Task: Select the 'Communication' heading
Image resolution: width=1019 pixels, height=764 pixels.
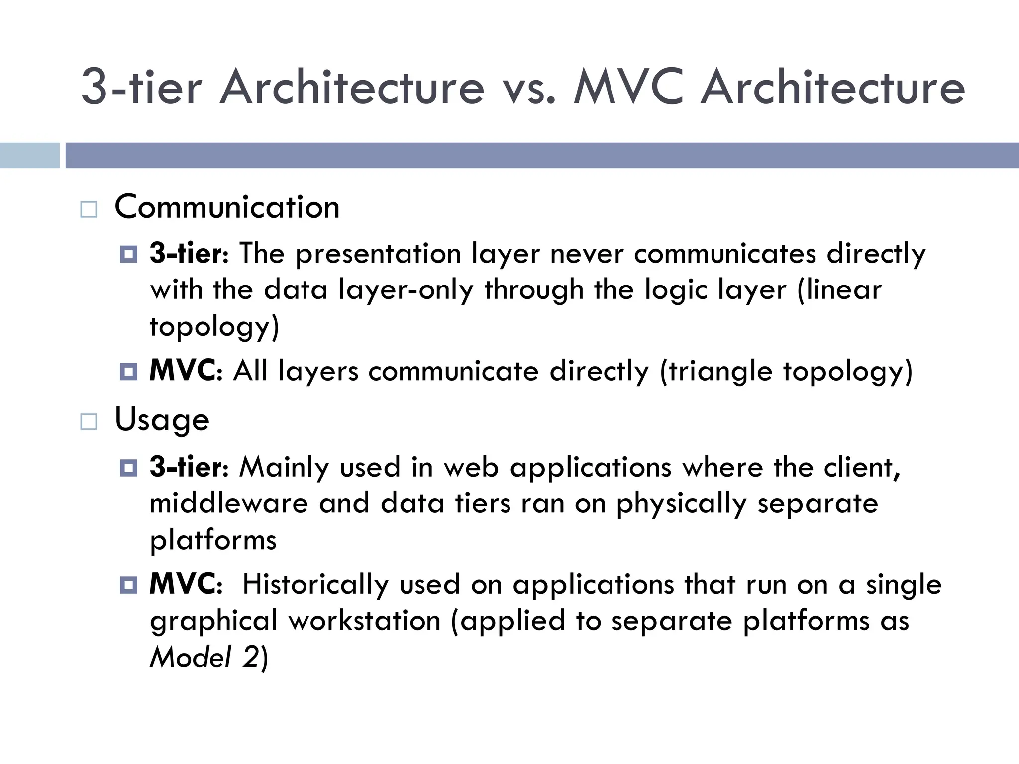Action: [x=227, y=207]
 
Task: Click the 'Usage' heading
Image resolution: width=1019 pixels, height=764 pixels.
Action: [x=162, y=420]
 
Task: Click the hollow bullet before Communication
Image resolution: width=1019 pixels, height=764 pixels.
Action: [x=89, y=209]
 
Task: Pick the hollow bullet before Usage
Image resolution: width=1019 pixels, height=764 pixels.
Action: [x=89, y=422]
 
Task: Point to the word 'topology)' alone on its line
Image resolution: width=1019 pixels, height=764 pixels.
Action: [x=214, y=327]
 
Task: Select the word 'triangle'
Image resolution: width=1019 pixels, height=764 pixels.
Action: [x=720, y=372]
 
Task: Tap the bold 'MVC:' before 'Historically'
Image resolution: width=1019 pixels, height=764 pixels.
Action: [x=186, y=584]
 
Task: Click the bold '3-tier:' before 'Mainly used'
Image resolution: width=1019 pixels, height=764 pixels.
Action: [x=189, y=467]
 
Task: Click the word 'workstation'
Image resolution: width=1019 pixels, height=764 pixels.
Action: [x=365, y=621]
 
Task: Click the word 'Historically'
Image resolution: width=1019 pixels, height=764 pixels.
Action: [x=315, y=584]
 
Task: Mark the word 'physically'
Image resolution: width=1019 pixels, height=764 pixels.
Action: [x=681, y=504]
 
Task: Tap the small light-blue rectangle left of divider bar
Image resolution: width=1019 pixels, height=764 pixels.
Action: [x=29, y=155]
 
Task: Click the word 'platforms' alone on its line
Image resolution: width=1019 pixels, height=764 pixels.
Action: [x=213, y=540]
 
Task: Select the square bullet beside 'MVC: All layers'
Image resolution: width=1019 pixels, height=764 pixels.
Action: [x=128, y=371]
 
